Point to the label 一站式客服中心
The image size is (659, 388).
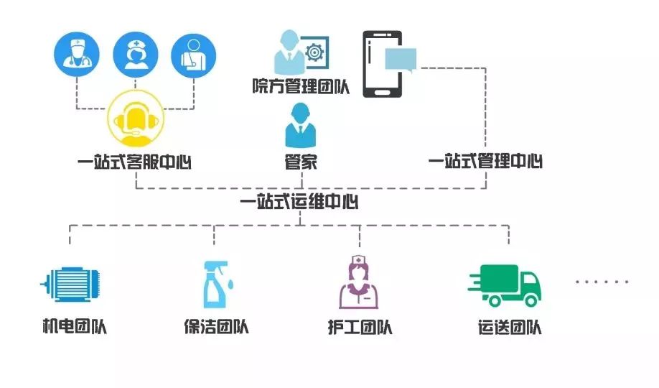[x=135, y=162]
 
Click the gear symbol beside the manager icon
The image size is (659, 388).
[x=313, y=52]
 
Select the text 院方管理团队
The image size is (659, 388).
[x=299, y=88]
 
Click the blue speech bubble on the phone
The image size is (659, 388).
[x=401, y=58]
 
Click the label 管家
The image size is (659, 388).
[x=300, y=162]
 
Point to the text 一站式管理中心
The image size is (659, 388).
[x=485, y=162]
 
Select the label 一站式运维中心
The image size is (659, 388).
[x=300, y=202]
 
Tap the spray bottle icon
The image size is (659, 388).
[x=215, y=284]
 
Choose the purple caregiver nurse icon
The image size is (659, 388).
[x=359, y=282]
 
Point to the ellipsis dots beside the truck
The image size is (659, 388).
[x=602, y=282]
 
